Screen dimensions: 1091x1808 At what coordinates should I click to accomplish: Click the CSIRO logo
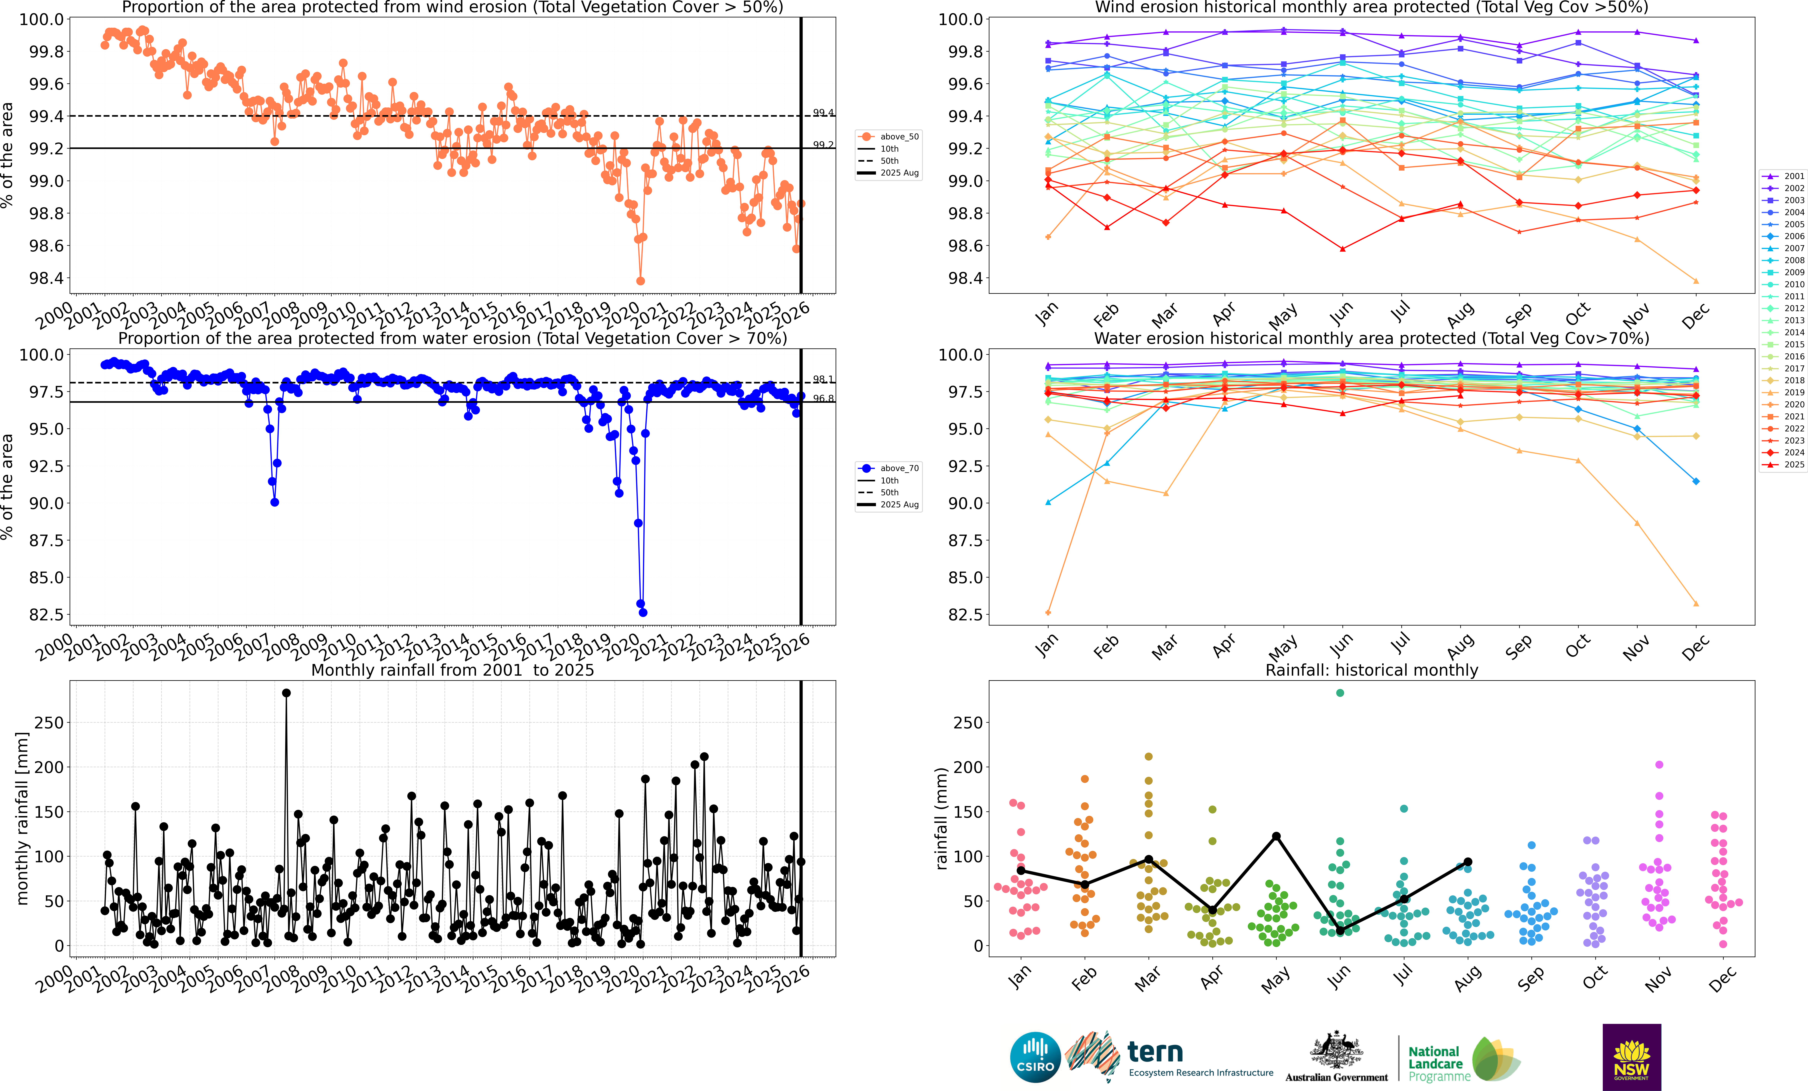[1035, 1057]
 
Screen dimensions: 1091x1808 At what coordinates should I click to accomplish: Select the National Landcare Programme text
[1438, 1064]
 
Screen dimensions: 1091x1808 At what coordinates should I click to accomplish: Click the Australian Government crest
[1336, 1050]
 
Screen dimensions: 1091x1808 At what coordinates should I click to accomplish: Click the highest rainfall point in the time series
[286, 693]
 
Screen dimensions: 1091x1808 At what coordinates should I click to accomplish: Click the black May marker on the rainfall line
[1276, 836]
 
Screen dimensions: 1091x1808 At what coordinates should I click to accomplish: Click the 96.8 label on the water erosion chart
[823, 398]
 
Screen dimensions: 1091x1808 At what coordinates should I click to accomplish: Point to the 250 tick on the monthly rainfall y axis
[48, 723]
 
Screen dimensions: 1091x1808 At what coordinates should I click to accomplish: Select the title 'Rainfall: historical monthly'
[1371, 670]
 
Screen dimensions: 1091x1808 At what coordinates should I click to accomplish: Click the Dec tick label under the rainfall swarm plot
[1722, 980]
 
